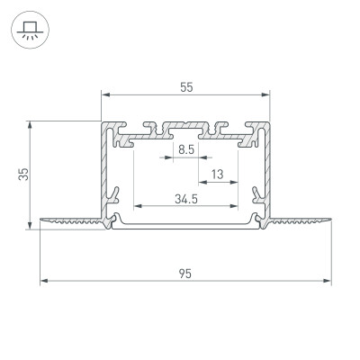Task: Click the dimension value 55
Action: [185, 87]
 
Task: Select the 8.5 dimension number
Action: [186, 149]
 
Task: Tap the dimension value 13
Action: [217, 174]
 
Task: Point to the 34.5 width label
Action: [187, 199]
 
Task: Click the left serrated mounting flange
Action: [72, 219]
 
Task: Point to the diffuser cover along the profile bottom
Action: [185, 226]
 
